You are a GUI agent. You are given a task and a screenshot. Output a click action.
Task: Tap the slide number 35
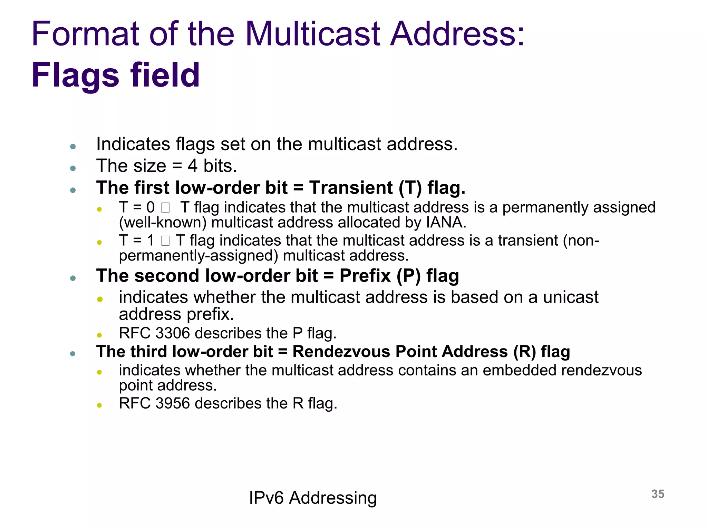(x=658, y=494)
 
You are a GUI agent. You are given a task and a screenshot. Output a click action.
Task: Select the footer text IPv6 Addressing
(x=312, y=498)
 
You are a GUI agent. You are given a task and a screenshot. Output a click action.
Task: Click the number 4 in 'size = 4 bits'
(x=192, y=166)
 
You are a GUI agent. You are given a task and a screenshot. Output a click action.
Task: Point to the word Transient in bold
(x=351, y=188)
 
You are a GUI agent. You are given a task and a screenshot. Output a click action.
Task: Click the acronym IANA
(x=446, y=223)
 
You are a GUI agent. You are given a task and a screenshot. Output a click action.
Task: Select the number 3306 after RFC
(x=173, y=333)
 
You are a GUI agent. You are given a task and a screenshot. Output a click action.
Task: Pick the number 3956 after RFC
(x=173, y=403)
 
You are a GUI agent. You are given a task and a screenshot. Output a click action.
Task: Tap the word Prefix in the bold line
(x=365, y=276)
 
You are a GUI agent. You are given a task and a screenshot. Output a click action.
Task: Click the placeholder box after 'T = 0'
(x=165, y=208)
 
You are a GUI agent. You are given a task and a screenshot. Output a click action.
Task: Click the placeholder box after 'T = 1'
(x=165, y=241)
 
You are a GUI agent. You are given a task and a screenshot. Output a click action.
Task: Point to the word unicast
(x=571, y=297)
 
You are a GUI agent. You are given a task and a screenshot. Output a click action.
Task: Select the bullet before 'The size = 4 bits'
(x=73, y=168)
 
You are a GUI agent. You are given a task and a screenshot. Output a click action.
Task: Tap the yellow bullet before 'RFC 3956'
(x=99, y=405)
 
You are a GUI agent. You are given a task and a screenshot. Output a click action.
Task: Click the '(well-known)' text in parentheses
(x=163, y=223)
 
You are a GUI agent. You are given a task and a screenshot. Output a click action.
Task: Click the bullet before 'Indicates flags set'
(x=73, y=147)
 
